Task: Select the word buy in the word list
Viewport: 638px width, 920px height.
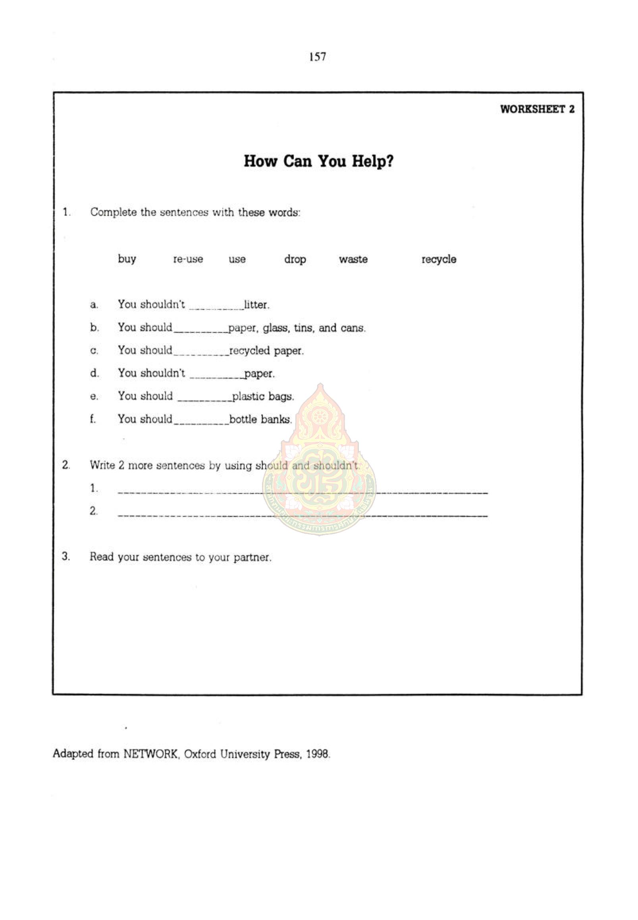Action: pos(127,259)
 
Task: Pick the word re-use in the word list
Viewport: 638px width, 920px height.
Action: pos(188,259)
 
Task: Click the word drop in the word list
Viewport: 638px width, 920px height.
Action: pos(295,259)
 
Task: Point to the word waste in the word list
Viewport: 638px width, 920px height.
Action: pos(353,259)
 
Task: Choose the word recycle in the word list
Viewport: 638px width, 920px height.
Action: pos(439,259)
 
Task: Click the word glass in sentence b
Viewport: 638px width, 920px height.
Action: pos(276,328)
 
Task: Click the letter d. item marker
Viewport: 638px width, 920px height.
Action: pos(94,373)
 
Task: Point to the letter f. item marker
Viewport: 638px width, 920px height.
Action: pos(93,419)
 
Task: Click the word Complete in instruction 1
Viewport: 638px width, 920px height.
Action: pos(113,212)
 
